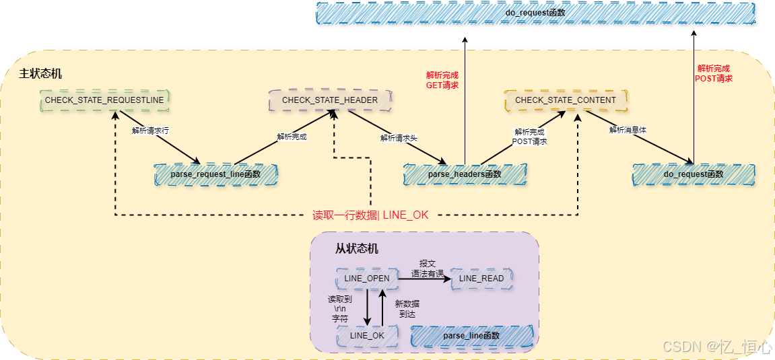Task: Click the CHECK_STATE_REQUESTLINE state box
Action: pyautogui.click(x=104, y=100)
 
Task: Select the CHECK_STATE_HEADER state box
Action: pyautogui.click(x=329, y=100)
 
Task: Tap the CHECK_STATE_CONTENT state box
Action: pyautogui.click(x=566, y=100)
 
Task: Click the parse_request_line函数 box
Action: pyautogui.click(x=215, y=174)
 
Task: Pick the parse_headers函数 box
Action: pyautogui.click(x=465, y=174)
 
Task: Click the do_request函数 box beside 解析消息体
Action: pyautogui.click(x=694, y=174)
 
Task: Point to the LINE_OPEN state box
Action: pyautogui.click(x=366, y=278)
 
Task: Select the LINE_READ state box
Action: pyautogui.click(x=481, y=278)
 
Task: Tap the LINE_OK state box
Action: pyautogui.click(x=367, y=335)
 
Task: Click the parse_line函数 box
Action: pyautogui.click(x=471, y=335)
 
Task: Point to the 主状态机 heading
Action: pyautogui.click(x=40, y=73)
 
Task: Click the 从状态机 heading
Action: pyautogui.click(x=357, y=248)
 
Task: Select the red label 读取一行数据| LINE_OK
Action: pyautogui.click(x=370, y=215)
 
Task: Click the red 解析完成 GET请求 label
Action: pyautogui.click(x=442, y=80)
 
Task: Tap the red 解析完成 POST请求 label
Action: pyautogui.click(x=714, y=73)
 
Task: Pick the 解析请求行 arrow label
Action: pyautogui.click(x=150, y=130)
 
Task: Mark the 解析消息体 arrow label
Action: pyautogui.click(x=628, y=130)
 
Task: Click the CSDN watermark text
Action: pyautogui.click(x=717, y=347)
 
